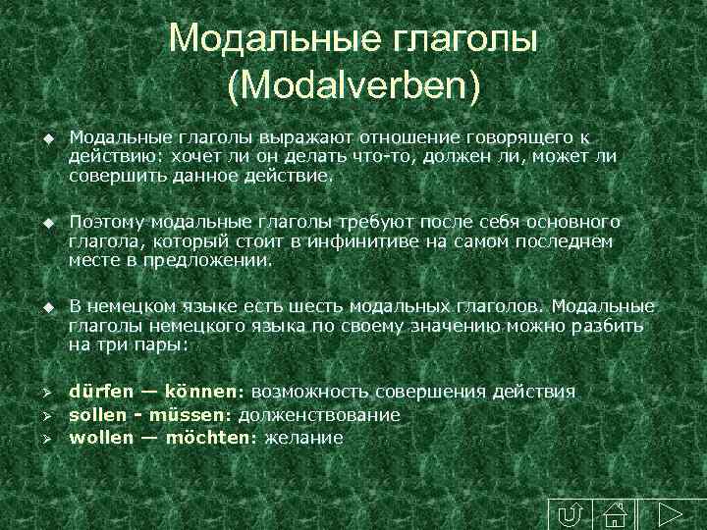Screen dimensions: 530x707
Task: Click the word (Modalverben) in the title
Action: click(353, 85)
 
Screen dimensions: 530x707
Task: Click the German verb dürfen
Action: click(98, 392)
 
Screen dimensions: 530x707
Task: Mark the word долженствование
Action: click(318, 414)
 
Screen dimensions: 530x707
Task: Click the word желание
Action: click(302, 438)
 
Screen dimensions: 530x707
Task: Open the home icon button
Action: click(616, 513)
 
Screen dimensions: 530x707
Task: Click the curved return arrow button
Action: click(569, 513)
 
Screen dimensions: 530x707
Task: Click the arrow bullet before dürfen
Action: click(46, 393)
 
